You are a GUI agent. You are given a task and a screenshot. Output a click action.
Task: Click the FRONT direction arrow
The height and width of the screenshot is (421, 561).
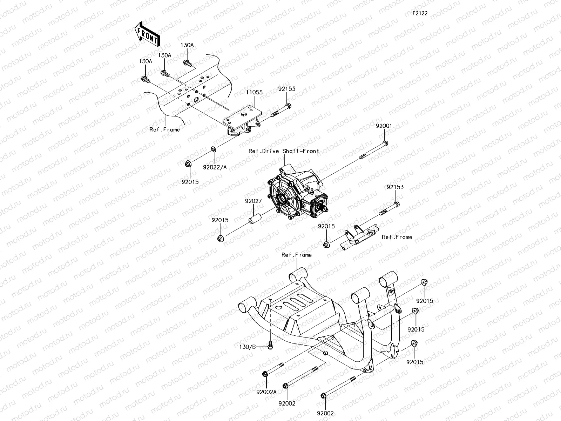click(147, 34)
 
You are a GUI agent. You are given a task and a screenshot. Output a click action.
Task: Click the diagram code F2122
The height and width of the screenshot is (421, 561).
click(420, 13)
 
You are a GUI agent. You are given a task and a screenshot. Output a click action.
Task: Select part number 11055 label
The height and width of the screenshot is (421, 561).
click(254, 93)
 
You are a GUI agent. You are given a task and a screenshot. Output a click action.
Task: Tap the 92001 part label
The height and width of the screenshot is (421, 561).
click(384, 126)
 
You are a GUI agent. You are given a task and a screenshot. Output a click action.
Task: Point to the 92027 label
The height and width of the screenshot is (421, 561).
click(253, 201)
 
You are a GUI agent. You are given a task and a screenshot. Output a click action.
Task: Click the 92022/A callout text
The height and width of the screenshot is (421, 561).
click(215, 167)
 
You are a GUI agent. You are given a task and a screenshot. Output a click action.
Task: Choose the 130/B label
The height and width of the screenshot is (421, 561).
click(248, 347)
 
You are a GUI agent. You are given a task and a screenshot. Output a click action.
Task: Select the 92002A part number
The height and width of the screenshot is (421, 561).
click(266, 392)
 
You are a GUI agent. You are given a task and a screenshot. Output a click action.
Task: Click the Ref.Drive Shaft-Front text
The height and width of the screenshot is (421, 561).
click(284, 151)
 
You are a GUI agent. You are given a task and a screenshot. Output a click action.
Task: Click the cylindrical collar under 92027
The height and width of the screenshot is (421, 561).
click(255, 219)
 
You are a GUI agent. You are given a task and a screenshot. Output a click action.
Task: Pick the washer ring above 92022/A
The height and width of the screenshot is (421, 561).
click(214, 149)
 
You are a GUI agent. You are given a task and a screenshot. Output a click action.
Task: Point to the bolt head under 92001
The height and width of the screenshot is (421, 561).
click(385, 143)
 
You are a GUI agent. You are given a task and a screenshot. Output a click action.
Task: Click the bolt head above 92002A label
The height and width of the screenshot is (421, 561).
click(265, 374)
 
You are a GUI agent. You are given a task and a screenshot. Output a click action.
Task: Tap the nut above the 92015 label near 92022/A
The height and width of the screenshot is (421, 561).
click(188, 163)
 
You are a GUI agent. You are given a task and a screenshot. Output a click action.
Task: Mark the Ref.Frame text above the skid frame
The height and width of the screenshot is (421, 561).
click(297, 255)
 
